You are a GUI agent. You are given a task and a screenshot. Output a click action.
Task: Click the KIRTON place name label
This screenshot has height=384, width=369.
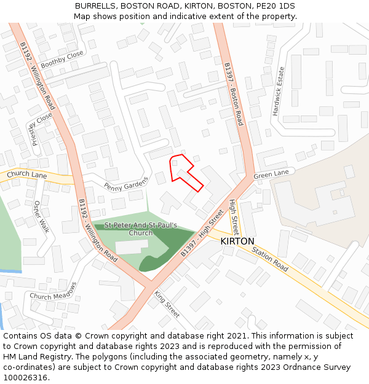pos(237,241)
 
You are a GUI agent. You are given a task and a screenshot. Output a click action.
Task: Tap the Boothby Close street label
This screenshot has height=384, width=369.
pos(61,61)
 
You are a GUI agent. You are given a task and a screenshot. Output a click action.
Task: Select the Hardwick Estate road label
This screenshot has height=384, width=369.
pos(279,92)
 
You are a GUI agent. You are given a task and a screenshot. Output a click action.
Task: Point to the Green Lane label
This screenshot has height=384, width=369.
pos(271,174)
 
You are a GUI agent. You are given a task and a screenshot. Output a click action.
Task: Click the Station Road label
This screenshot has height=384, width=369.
pos(269,260)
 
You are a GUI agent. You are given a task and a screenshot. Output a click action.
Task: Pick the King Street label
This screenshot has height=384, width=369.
pos(166,304)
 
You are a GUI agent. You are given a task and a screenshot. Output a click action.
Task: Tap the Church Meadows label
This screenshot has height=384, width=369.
pos(54,291)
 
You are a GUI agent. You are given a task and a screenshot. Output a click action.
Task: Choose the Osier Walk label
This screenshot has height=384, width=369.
pos(41,216)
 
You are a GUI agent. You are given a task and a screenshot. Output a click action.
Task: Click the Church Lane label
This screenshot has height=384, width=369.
pos(27,175)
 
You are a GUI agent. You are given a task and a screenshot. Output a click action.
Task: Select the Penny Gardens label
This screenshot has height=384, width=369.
pos(126,183)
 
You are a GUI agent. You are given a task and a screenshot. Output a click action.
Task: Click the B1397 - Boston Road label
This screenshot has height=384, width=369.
pos(234,94)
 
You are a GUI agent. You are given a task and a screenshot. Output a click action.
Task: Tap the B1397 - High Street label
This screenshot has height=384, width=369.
pos(202,234)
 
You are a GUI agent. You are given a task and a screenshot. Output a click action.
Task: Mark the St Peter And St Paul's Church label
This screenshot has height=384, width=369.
pos(141,229)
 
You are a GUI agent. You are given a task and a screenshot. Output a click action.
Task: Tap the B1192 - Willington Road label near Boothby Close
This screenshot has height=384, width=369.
pos(37,76)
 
